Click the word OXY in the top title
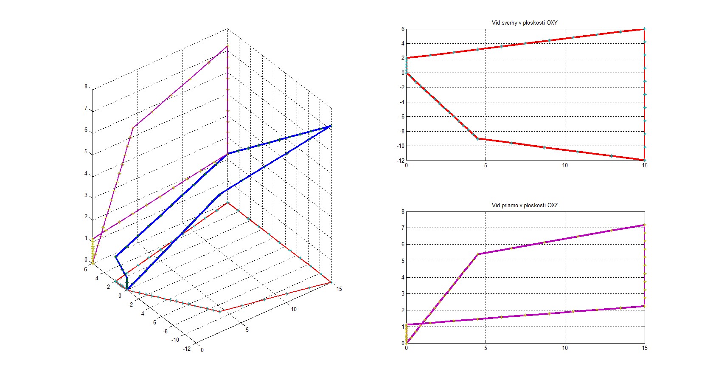click(x=552, y=23)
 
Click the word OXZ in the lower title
click(x=552, y=206)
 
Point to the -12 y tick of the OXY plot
click(x=401, y=161)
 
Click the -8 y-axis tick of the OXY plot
click(x=401, y=131)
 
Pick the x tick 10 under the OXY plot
click(x=565, y=166)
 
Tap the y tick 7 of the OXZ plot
click(x=403, y=228)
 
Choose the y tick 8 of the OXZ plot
click(x=403, y=211)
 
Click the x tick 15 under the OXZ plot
click(x=645, y=348)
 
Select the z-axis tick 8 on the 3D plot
click(x=86, y=86)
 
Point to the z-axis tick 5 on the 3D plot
click(x=86, y=152)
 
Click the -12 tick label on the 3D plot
click(x=187, y=349)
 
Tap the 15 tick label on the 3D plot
click(x=339, y=289)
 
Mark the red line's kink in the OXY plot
click(x=478, y=138)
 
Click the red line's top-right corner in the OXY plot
click(x=645, y=29)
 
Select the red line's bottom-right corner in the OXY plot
click(x=645, y=160)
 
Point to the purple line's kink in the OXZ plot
click(x=478, y=254)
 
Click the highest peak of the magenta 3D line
click(x=227, y=46)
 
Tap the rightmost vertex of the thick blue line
click(x=331, y=126)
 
